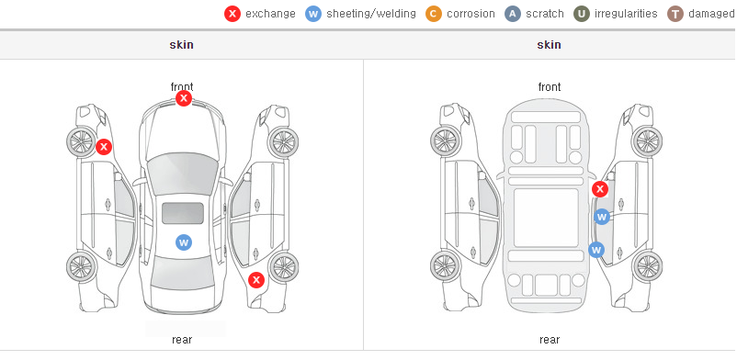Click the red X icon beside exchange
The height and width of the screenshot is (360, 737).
232,14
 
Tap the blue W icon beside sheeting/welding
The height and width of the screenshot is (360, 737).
313,14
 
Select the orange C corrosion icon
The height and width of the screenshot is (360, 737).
434,14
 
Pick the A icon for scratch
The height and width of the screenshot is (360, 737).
513,14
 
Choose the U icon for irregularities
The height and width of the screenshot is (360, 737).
582,14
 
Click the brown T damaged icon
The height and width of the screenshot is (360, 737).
675,14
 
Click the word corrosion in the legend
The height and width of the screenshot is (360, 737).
471,14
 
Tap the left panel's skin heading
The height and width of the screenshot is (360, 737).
181,45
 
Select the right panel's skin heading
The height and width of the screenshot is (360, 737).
549,45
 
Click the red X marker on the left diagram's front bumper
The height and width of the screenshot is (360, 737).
184,98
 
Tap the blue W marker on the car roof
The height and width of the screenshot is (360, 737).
184,242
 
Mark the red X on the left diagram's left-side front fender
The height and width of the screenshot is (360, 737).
104,147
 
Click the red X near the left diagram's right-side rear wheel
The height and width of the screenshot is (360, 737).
256,281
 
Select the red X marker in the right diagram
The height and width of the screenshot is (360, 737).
600,189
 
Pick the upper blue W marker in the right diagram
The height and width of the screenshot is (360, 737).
602,217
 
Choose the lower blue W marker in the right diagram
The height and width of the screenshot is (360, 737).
596,250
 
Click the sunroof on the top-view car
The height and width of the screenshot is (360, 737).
183,213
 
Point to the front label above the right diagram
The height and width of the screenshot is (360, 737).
550,87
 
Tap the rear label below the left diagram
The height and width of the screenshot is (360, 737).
182,340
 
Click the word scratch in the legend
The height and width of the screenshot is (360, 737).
545,14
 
